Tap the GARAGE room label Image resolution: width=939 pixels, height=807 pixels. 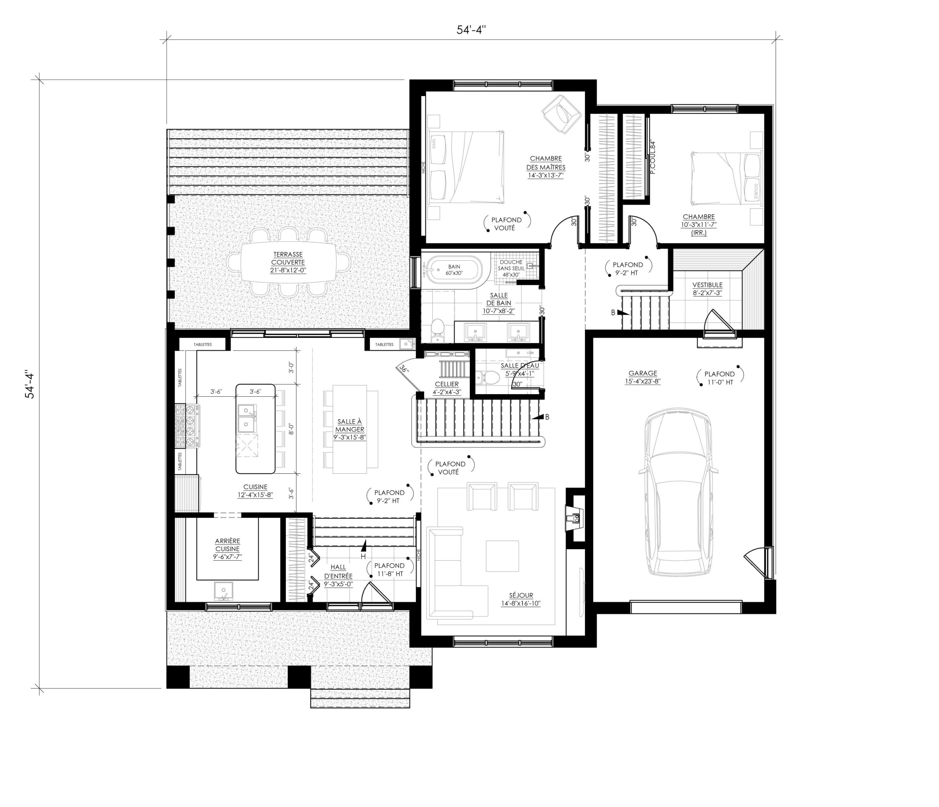point(643,377)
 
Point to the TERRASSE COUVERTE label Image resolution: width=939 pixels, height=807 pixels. point(288,262)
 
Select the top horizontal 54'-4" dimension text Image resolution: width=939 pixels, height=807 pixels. point(471,30)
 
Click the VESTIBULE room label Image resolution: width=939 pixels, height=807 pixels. point(707,289)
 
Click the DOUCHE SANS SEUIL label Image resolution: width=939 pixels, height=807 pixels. point(511,268)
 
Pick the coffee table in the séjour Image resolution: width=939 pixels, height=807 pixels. point(502,556)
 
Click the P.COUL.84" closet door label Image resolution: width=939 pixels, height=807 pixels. point(653,158)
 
